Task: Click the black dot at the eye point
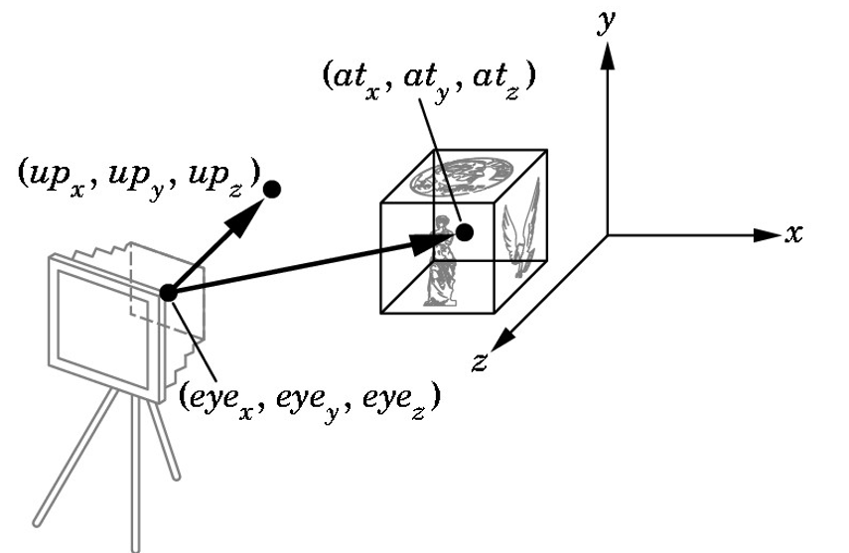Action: pos(168,292)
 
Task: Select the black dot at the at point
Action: pos(465,232)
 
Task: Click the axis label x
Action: pos(793,234)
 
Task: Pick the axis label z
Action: pos(480,361)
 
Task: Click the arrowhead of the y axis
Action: pos(608,57)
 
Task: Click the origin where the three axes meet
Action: pos(608,235)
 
